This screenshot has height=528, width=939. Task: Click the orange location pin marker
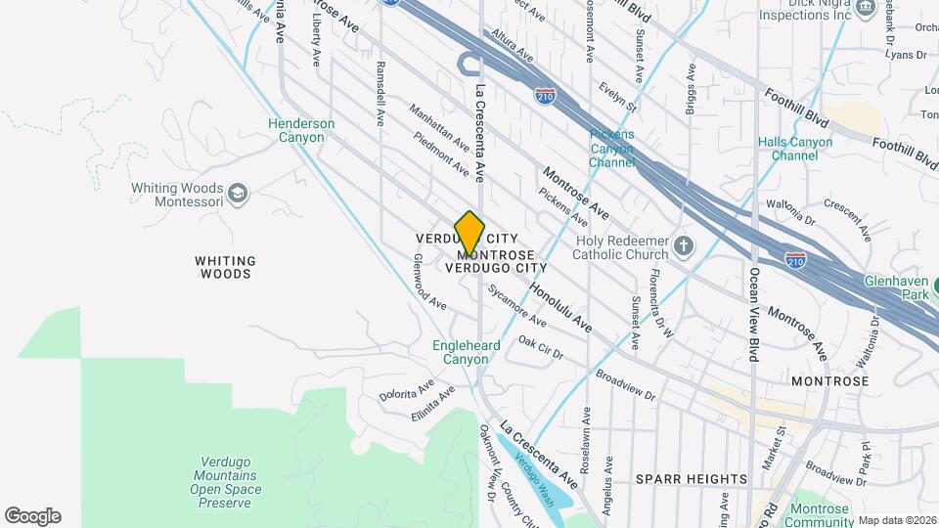[x=469, y=233]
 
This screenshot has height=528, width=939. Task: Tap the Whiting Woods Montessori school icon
[x=237, y=195]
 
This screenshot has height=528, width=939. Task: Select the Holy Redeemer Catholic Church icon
[x=684, y=244]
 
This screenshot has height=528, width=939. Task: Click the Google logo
[x=32, y=515]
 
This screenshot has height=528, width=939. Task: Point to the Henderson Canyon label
[x=301, y=130]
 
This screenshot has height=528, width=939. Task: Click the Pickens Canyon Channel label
[x=612, y=148]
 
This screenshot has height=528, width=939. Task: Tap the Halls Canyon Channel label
[x=794, y=149]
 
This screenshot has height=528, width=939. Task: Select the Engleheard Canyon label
[x=465, y=352]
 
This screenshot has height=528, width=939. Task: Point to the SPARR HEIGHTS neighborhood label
[x=692, y=479]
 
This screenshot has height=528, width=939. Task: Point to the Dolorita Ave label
[x=407, y=389]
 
